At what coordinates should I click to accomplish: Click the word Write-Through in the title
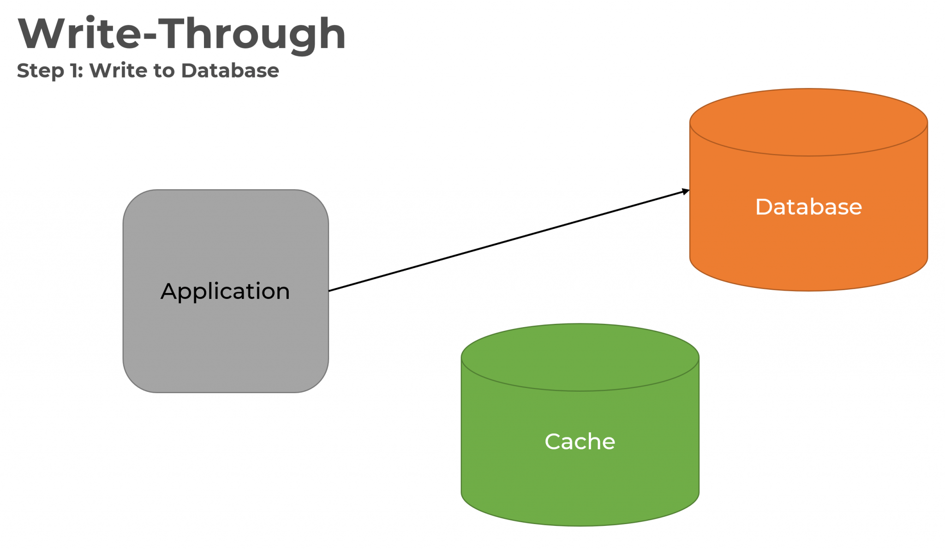182,34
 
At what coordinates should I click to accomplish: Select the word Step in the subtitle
40,71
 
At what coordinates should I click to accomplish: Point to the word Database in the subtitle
230,71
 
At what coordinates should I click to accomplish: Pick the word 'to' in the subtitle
164,71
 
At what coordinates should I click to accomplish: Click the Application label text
225,292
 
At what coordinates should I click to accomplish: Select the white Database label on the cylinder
808,207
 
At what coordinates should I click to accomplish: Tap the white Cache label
580,442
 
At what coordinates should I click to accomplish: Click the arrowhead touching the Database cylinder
686,191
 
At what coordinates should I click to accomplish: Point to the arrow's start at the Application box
330,290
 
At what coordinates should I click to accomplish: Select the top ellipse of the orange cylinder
808,122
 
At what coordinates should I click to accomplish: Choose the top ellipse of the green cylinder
580,358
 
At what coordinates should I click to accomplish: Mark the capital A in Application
169,292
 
